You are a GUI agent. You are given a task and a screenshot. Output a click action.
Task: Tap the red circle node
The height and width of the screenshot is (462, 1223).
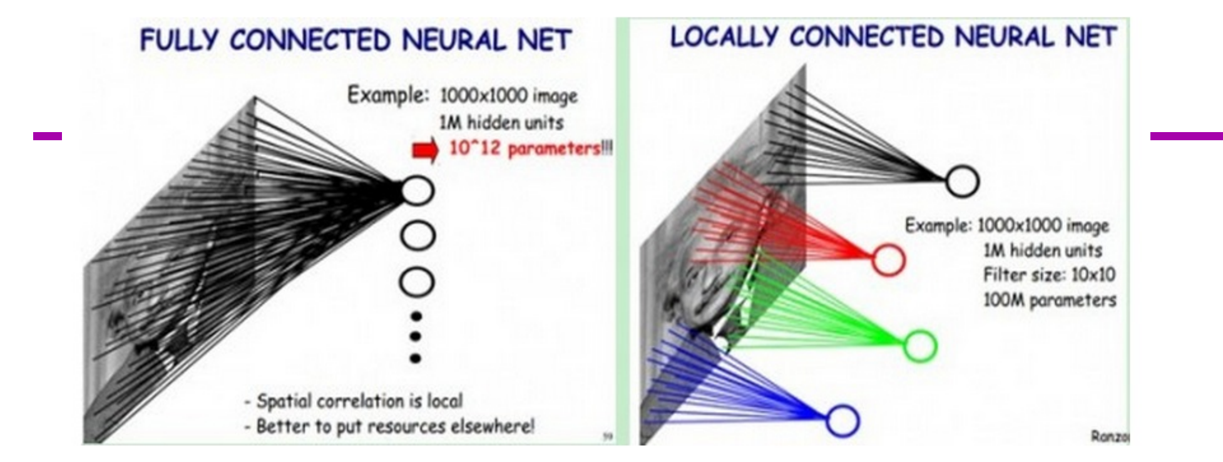click(x=888, y=259)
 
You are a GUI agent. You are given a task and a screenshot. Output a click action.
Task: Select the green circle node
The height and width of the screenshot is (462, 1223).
click(x=920, y=346)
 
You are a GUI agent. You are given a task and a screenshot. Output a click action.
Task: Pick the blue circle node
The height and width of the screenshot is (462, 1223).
click(x=842, y=420)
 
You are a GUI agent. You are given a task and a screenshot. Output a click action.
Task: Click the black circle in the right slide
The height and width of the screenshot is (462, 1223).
click(x=963, y=181)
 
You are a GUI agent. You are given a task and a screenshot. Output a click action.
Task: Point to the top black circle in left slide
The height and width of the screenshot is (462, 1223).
click(x=417, y=190)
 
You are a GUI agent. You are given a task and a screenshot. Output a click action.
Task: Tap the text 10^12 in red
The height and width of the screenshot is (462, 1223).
click(x=471, y=150)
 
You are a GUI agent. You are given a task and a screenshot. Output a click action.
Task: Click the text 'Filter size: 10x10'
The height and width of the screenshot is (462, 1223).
click(x=1049, y=275)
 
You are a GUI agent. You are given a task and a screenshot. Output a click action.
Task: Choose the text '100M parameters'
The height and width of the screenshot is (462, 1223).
click(x=1050, y=300)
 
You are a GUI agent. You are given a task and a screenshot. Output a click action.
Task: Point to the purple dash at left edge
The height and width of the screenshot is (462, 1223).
click(x=48, y=135)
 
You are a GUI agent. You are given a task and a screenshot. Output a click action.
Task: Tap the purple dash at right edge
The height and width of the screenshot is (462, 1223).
click(x=1186, y=135)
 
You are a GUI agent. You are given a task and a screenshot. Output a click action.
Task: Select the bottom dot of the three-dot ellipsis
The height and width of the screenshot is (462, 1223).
click(x=415, y=359)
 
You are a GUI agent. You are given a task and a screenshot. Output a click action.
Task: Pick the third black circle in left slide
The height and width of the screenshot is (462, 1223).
click(x=417, y=282)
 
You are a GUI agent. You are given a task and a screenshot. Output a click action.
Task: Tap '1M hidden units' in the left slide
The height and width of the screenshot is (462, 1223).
click(x=501, y=122)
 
